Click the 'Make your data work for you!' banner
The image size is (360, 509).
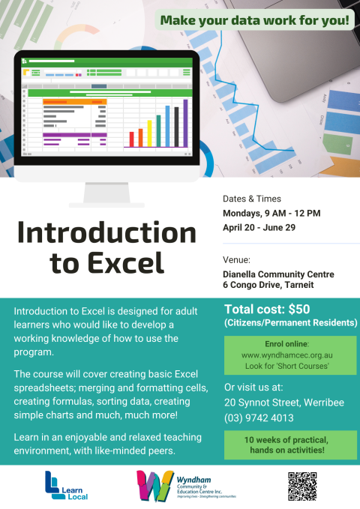coord(255,21)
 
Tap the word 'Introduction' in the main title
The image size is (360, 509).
coord(106,234)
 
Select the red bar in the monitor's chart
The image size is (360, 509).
coord(132,139)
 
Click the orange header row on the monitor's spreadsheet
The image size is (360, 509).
coord(74,101)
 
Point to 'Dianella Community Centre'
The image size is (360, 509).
coord(278,274)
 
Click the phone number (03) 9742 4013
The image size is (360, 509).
coord(259,418)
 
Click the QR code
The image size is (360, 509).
coord(302,487)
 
